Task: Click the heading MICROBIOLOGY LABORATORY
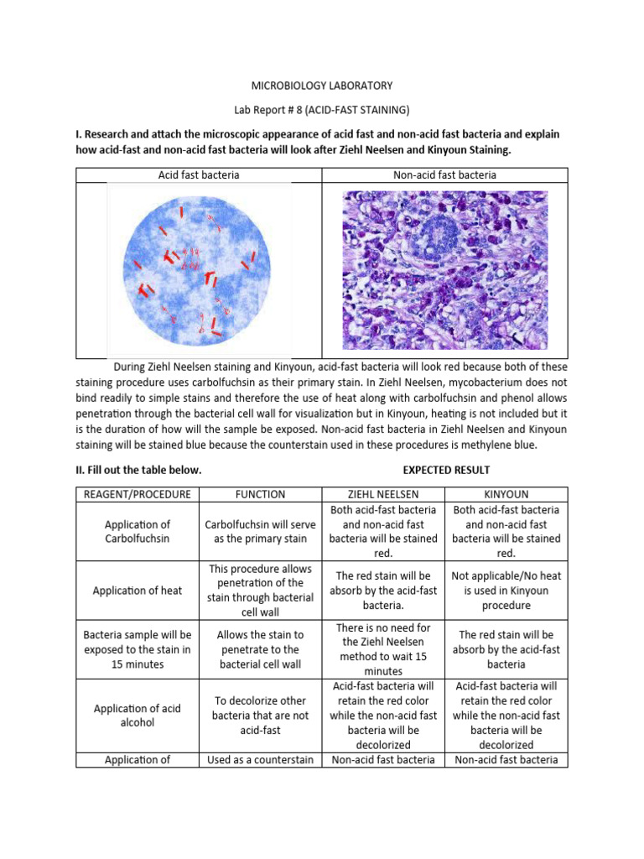322,86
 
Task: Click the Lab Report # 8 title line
322,110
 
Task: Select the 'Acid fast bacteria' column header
199,175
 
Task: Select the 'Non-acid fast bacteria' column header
444,175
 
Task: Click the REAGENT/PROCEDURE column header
136,494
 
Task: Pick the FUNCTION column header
260,494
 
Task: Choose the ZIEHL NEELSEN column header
383,494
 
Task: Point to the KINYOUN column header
506,494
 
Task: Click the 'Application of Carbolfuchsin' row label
136,531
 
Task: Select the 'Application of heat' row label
136,591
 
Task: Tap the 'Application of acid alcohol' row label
136,716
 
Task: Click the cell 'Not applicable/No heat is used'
506,591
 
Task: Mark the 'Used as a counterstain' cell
260,760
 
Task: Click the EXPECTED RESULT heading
446,470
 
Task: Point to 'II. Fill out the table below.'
139,470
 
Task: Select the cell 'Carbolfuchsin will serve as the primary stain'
260,531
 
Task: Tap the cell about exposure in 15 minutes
136,649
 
